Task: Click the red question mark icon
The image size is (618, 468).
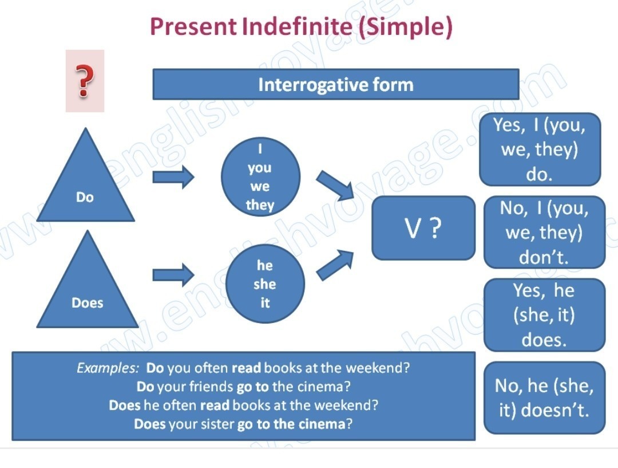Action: pos(85,81)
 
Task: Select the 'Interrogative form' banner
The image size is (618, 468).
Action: pos(335,85)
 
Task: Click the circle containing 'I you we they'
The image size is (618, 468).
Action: pos(260,176)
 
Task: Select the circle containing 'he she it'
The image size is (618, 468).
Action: pos(265,284)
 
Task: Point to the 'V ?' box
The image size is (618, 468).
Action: pos(423,228)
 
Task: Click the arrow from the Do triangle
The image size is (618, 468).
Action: pos(173,177)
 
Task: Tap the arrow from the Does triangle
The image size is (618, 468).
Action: pos(173,274)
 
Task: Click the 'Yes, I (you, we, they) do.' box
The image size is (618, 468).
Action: pos(540,150)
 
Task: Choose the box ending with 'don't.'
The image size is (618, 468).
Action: pos(544,233)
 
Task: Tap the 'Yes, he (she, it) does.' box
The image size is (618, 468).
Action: pos(544,315)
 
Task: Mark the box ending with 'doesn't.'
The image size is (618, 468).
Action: pos(544,398)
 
